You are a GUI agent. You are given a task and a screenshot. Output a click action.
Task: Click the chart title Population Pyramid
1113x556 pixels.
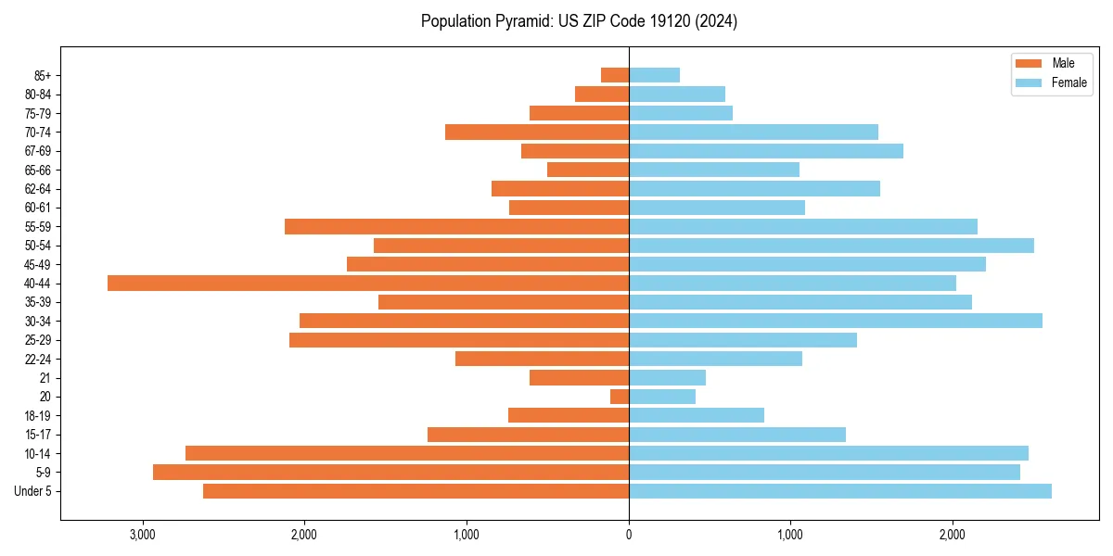[x=579, y=21]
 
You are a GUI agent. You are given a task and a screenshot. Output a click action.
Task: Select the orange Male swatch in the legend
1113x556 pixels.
[x=1029, y=63]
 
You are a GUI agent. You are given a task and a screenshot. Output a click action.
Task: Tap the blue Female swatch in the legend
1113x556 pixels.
[x=1029, y=82]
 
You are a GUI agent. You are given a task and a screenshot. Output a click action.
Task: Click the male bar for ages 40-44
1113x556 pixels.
[x=368, y=284]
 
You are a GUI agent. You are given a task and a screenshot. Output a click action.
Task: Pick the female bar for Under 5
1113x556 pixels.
[x=840, y=491]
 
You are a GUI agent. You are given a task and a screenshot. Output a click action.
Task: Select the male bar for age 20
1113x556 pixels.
[x=620, y=397]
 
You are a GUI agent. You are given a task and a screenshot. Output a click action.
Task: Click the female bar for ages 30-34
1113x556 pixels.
[x=836, y=321]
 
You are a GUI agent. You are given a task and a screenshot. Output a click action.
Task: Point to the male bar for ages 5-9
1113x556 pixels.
[x=390, y=473]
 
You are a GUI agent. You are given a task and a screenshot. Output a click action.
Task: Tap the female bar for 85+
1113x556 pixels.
[x=654, y=75]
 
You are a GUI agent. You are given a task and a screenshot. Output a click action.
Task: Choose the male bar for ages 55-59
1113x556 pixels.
[x=456, y=227]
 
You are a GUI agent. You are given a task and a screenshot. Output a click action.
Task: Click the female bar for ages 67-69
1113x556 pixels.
[x=766, y=151]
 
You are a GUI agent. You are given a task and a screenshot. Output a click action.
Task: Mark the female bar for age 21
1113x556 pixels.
[x=667, y=378]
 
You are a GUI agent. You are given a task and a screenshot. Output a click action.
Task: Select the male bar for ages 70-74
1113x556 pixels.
[x=537, y=133]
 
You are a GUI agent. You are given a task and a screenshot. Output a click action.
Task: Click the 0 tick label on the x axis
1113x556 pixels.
[x=629, y=535]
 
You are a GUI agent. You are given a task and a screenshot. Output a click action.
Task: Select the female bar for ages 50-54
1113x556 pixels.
[x=831, y=246]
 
